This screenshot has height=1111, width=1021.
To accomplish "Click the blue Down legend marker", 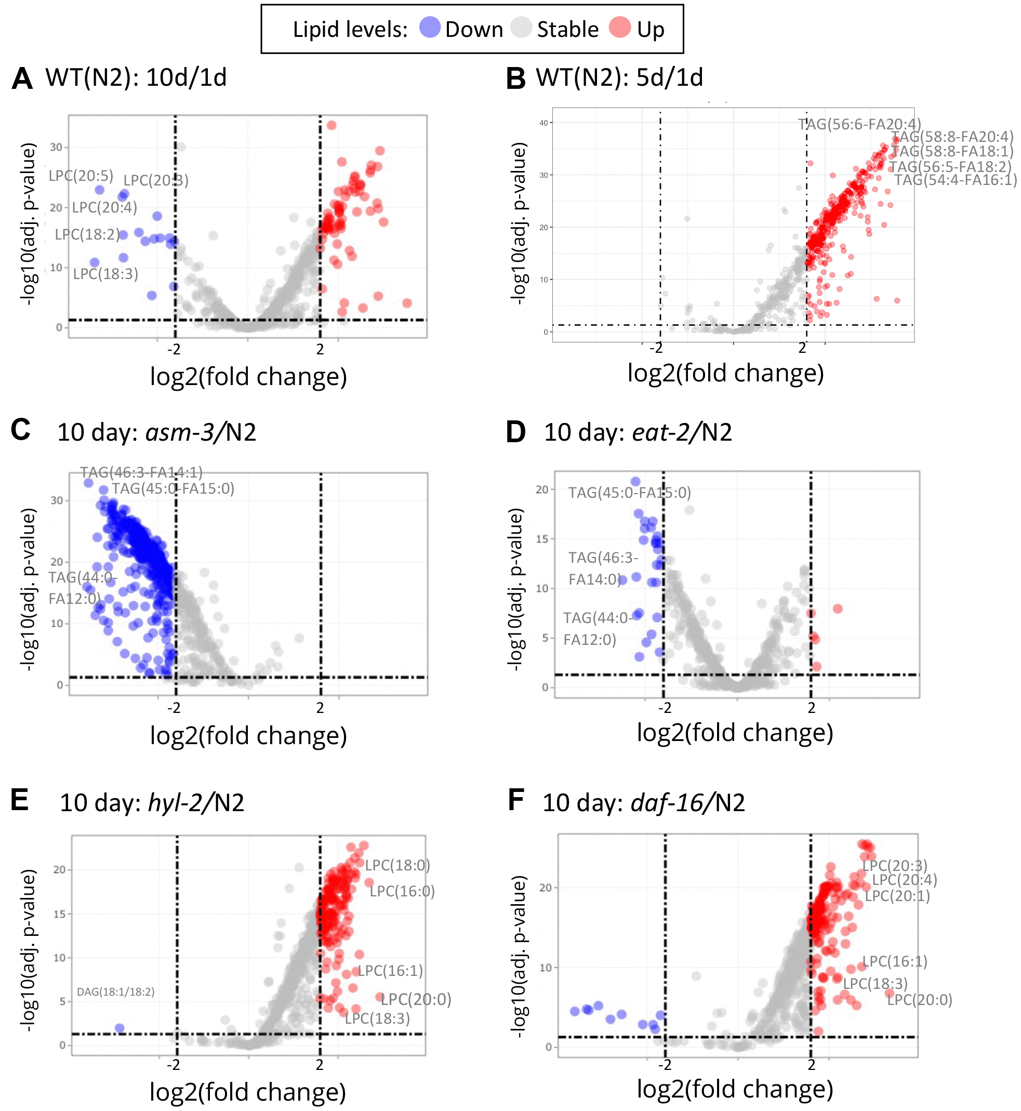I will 430,27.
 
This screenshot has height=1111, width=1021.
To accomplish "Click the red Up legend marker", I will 620,27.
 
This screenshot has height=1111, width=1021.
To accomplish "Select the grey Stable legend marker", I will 521,27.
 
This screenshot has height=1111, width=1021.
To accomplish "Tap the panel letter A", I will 22,78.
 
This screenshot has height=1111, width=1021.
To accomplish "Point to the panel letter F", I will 515,800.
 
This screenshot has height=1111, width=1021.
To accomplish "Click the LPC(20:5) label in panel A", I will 81,176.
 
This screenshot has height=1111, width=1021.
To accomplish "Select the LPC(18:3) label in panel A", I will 105,274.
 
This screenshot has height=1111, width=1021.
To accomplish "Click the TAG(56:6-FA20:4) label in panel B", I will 859,124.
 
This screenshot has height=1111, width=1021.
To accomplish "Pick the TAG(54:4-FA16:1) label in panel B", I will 955,180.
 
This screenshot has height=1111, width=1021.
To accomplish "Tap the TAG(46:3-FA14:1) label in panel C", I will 141,472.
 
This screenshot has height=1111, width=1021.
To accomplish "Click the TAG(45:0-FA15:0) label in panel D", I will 629,492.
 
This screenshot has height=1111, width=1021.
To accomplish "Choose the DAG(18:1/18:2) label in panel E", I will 115,991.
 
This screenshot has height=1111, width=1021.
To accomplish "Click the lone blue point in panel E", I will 120,1028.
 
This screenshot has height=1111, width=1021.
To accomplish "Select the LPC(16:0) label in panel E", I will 402,891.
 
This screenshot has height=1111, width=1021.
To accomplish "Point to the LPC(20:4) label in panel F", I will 905,880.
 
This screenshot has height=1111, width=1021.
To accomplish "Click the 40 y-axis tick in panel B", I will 543,123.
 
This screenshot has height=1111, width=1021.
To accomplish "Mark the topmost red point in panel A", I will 332,125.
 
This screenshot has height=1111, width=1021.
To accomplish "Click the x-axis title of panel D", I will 735,733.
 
